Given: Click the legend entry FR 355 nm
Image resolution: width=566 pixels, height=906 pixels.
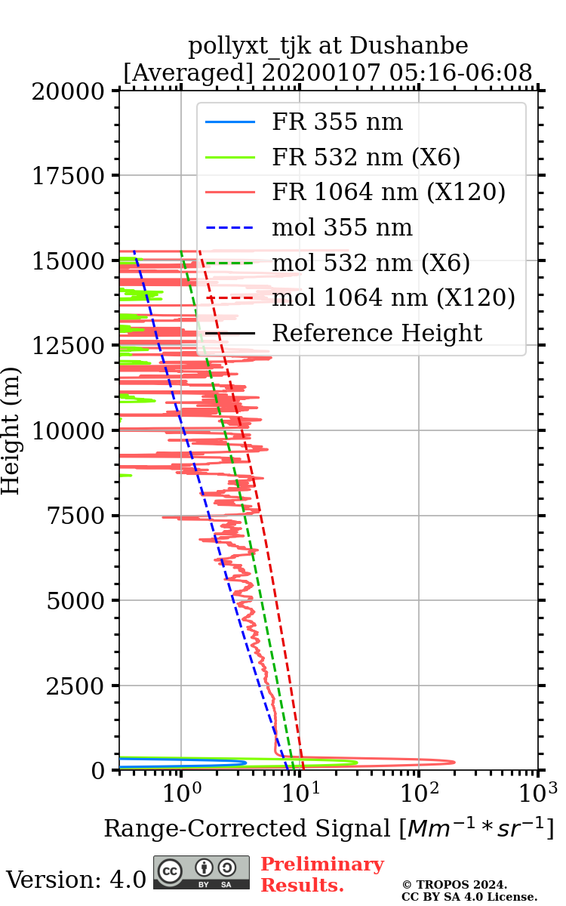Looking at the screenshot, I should (337, 122).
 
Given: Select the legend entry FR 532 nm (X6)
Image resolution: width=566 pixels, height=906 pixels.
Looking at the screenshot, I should (366, 157).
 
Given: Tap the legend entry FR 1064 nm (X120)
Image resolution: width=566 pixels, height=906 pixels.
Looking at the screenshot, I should (388, 193).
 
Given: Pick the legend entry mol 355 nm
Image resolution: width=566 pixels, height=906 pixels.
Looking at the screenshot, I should (342, 227).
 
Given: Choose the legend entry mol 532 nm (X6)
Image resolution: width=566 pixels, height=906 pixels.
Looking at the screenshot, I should (371, 263).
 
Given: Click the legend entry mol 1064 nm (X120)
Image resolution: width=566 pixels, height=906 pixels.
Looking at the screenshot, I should (393, 297).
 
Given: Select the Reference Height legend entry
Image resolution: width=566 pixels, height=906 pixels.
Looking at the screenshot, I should (377, 333).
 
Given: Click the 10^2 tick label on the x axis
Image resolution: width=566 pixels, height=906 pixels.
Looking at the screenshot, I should (419, 794).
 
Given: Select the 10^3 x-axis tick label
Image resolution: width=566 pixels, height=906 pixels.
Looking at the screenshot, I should (537, 794).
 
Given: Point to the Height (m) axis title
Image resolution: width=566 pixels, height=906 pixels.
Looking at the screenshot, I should (11, 430).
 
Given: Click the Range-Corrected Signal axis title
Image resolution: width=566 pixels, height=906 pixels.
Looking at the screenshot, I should (328, 828).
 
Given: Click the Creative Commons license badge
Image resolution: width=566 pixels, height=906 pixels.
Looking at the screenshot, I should (201, 872).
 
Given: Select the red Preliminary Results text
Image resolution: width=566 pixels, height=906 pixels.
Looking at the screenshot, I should (321, 874).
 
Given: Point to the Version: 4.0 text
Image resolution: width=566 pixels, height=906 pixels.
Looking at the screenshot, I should (75, 880).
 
